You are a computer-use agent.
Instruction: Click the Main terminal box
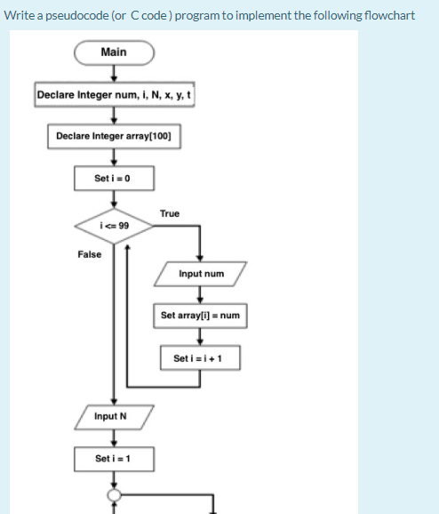click(x=114, y=52)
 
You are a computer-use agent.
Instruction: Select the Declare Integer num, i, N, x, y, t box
click(x=114, y=95)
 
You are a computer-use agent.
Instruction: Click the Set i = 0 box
click(x=114, y=179)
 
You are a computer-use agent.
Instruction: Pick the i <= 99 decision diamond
click(x=113, y=226)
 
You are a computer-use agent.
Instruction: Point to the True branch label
click(x=170, y=213)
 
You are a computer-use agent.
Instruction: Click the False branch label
click(x=90, y=254)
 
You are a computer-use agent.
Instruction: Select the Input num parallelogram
click(x=201, y=274)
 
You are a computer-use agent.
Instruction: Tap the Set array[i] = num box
click(x=201, y=316)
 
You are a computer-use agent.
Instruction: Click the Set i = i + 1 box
click(x=201, y=358)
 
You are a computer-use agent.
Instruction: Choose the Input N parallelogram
click(x=114, y=416)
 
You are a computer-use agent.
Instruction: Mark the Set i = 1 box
click(x=114, y=458)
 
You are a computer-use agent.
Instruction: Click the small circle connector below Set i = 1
click(x=114, y=494)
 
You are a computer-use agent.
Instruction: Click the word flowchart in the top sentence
click(x=387, y=15)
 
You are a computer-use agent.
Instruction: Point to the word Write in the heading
click(x=20, y=15)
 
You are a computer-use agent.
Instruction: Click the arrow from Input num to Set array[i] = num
click(x=201, y=295)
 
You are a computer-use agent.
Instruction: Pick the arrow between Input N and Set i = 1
click(x=114, y=437)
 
